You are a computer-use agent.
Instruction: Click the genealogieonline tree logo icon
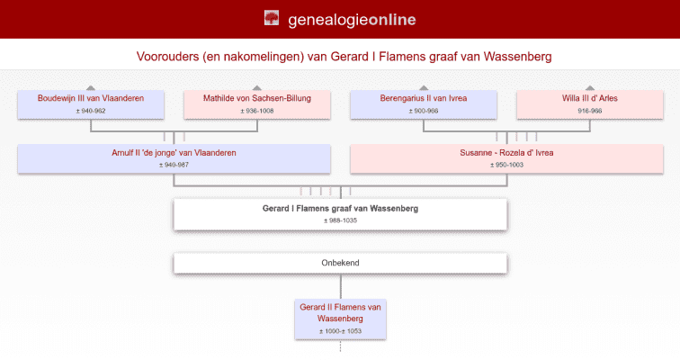click(x=271, y=18)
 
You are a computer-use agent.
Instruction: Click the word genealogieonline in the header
click(x=352, y=19)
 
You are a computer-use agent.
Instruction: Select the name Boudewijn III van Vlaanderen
click(x=91, y=98)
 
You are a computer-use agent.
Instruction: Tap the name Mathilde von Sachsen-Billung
click(x=257, y=98)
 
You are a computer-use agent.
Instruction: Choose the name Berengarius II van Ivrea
click(x=423, y=98)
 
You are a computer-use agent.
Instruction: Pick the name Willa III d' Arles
click(x=589, y=98)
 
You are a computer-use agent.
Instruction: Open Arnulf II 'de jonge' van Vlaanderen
click(x=174, y=153)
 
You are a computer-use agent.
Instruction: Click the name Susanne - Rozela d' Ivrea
click(x=506, y=153)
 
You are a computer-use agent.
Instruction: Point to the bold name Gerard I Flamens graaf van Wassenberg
click(x=340, y=208)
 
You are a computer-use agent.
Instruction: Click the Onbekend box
click(x=340, y=263)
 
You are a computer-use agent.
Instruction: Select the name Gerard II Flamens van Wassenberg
click(x=340, y=312)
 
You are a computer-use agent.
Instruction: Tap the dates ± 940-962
click(x=91, y=111)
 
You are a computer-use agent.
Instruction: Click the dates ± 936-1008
click(x=257, y=111)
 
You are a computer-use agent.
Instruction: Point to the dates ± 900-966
click(x=423, y=111)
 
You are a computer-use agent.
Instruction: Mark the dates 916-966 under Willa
click(x=589, y=111)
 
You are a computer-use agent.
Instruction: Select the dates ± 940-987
click(x=174, y=165)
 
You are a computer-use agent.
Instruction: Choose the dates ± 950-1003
click(x=506, y=165)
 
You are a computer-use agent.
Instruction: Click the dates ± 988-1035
click(x=340, y=220)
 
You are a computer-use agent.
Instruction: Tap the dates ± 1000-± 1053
click(x=340, y=331)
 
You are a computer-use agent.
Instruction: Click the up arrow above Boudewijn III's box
click(x=91, y=87)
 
